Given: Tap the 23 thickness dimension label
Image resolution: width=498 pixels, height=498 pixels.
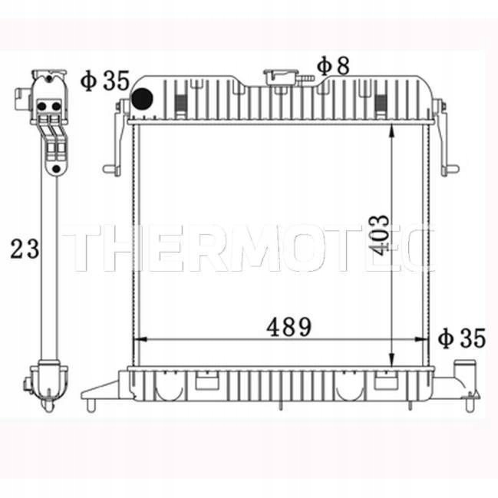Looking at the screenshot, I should click(x=24, y=248).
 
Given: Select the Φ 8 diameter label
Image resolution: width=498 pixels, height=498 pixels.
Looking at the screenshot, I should click(x=333, y=66).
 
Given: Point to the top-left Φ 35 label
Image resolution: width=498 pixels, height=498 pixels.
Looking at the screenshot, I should click(x=104, y=81).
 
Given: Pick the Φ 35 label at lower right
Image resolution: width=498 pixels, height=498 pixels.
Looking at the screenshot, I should click(x=462, y=338).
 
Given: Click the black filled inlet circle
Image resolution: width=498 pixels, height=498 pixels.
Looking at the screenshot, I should click(x=143, y=100).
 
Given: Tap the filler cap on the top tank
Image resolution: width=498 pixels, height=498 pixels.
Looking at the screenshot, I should click(x=282, y=77).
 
